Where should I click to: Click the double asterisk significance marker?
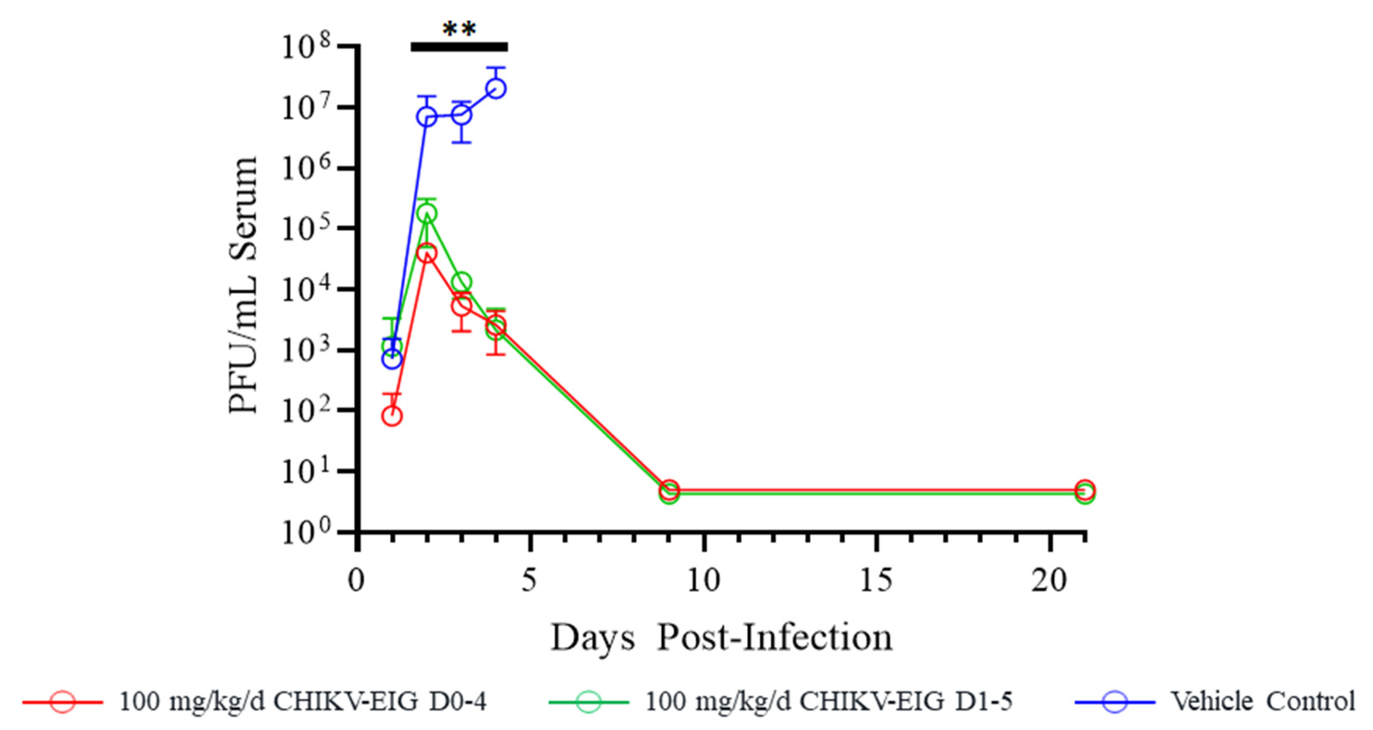[x=459, y=29]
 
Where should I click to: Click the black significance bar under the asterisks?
[x=459, y=47]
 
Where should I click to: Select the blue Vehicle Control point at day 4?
[x=496, y=89]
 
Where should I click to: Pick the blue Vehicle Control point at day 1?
[x=392, y=359]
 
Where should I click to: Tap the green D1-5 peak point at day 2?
[x=426, y=214]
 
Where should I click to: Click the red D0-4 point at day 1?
[x=392, y=416]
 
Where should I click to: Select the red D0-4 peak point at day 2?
[x=426, y=253]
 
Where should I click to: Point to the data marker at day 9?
[x=669, y=490]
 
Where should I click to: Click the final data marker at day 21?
[x=1085, y=490]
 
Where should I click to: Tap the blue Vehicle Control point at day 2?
[x=426, y=117]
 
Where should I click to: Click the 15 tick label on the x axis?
[x=876, y=580]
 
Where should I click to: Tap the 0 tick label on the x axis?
[x=356, y=580]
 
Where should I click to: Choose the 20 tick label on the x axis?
[x=1049, y=580]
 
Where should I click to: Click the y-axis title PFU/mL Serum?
[x=243, y=285]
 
